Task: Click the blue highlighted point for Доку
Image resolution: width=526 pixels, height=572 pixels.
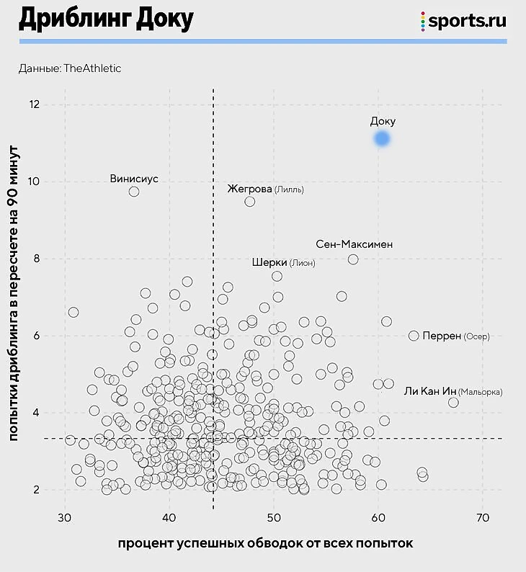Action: [382, 138]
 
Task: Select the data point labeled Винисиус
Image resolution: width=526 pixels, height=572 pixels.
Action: [134, 192]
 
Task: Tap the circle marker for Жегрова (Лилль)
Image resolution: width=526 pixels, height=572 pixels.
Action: [250, 202]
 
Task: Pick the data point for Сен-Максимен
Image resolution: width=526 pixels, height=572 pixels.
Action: [353, 259]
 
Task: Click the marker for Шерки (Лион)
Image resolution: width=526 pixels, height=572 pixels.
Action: [277, 276]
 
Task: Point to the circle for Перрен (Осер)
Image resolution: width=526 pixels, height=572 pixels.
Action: [414, 336]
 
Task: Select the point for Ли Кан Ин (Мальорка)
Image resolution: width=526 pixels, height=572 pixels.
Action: [453, 403]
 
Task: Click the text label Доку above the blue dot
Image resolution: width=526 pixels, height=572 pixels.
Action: [383, 122]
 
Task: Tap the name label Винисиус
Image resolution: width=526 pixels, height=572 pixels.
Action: [134, 179]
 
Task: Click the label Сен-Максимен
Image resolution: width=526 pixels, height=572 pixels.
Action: [355, 244]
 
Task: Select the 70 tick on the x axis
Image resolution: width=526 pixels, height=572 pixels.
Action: [483, 518]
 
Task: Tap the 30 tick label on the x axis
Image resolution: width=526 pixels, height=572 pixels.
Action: [65, 518]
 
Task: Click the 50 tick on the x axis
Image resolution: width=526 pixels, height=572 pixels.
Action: [274, 518]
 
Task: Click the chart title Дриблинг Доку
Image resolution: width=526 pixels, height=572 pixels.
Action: [106, 20]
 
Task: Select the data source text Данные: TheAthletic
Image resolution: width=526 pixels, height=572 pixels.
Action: [70, 68]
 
